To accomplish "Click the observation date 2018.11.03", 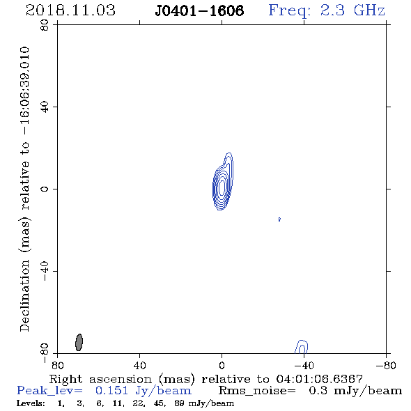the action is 70,10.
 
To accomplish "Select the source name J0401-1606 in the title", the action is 199,10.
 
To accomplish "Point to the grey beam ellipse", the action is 79,342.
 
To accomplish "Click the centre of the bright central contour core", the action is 222,187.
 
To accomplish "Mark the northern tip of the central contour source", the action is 229,153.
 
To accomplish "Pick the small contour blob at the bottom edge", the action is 302,347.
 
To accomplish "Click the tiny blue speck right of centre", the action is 279,219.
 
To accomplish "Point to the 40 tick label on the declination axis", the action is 45,107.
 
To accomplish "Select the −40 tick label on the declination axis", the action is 45,271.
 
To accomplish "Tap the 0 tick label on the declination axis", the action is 45,189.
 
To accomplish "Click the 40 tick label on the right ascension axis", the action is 139,365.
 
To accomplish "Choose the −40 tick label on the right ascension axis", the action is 304,365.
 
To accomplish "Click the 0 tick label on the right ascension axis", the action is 222,365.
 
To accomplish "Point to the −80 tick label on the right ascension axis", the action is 386,365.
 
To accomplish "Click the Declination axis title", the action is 25,189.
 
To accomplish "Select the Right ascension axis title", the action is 206,379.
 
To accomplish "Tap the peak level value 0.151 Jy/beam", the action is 144,391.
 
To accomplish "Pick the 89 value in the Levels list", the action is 180,403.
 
